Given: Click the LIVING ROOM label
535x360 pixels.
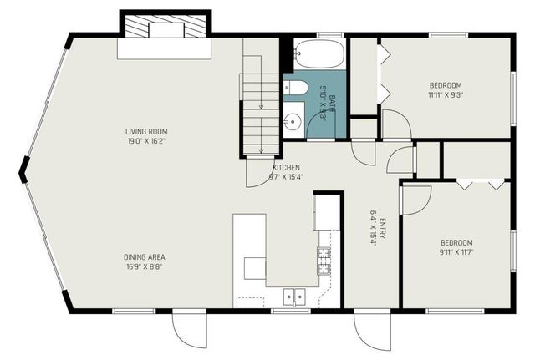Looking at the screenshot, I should pyautogui.click(x=145, y=131).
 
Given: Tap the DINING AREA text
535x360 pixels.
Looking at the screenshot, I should pyautogui.click(x=145, y=257).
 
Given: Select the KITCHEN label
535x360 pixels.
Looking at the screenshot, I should pyautogui.click(x=285, y=167).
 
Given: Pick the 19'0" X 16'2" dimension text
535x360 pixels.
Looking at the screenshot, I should pyautogui.click(x=145, y=141).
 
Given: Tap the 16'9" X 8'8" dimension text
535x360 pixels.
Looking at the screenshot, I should pyautogui.click(x=145, y=267).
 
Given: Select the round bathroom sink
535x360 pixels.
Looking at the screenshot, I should pyautogui.click(x=291, y=124).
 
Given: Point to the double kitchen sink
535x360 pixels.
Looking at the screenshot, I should pyautogui.click(x=293, y=295).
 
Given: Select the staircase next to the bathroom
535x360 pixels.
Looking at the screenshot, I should pyautogui.click(x=261, y=109).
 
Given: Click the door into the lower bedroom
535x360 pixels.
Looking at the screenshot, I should pyautogui.click(x=415, y=199).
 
